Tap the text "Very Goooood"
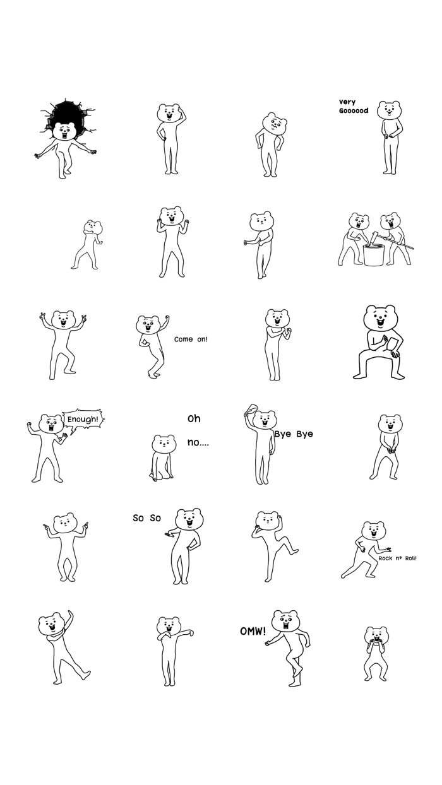[353, 107]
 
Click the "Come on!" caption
[191, 339]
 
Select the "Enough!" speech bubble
[83, 420]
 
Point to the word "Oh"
[194, 418]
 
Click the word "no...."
[198, 442]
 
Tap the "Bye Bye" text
[294, 434]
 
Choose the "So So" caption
[146, 518]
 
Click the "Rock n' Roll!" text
[397, 558]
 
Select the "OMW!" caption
[253, 632]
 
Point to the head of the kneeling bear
[164, 444]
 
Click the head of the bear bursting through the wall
[64, 131]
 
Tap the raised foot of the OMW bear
[297, 670]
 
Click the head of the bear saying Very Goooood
[390, 110]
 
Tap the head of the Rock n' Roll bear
[374, 531]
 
